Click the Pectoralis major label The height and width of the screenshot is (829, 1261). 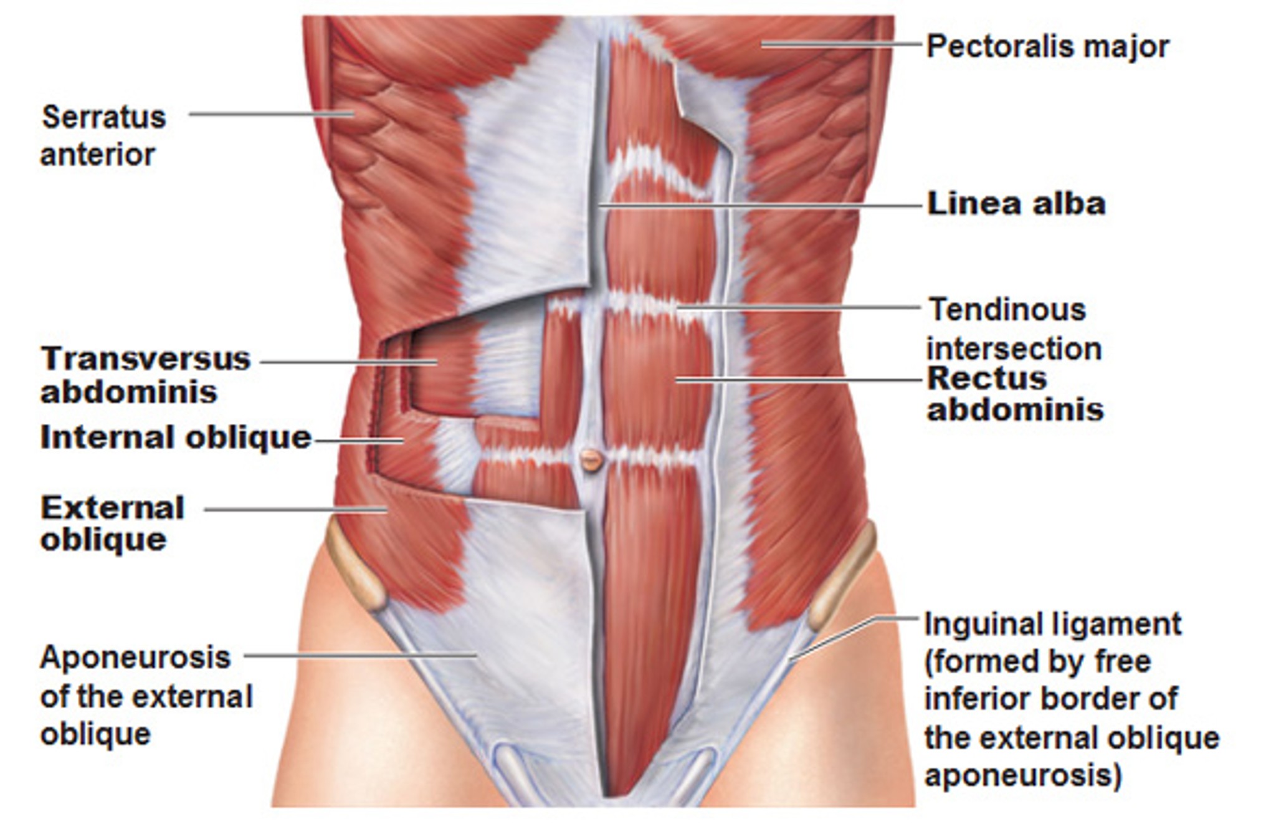1047,47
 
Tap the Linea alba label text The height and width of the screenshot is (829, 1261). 1016,204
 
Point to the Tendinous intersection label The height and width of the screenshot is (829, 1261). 1014,329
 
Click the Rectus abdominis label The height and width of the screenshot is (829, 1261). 1015,394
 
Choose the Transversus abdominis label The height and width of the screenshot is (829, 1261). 146,375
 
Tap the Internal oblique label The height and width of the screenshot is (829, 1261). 176,438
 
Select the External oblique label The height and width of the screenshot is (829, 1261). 113,524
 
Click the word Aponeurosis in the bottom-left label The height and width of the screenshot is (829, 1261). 135,657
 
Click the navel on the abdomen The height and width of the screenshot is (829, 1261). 591,461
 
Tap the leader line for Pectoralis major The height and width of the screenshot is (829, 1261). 841,44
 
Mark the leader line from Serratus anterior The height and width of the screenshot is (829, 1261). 272,114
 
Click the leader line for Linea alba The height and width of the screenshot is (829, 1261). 759,204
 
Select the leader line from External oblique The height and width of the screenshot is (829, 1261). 296,510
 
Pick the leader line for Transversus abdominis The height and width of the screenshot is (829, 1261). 349,362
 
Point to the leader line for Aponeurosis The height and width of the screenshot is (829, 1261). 360,655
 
